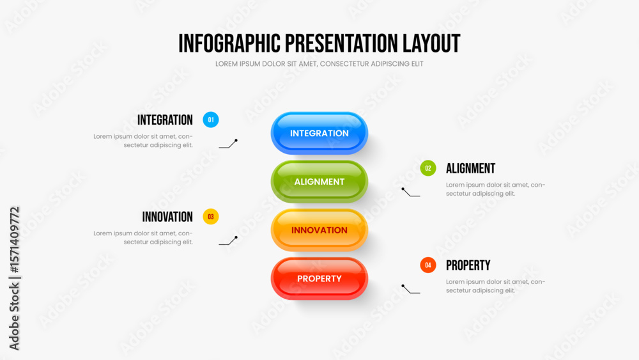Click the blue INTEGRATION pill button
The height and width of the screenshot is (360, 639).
(x=319, y=133)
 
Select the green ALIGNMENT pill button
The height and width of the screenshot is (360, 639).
(x=319, y=182)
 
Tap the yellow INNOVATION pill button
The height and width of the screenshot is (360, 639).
(x=319, y=230)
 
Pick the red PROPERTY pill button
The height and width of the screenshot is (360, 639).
(x=319, y=278)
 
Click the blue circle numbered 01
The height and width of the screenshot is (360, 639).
(x=211, y=120)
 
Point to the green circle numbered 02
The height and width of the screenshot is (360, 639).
(x=428, y=168)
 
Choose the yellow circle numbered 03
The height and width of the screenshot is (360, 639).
(x=211, y=217)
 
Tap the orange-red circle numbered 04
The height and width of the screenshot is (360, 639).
(x=428, y=265)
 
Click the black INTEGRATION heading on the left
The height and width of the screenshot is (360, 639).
(x=165, y=120)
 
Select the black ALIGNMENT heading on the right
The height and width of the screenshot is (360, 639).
(x=470, y=168)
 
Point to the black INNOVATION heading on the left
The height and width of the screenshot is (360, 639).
(x=167, y=217)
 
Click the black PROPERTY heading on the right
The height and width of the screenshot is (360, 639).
(x=468, y=265)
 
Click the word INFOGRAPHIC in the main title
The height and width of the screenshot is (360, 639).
(x=229, y=43)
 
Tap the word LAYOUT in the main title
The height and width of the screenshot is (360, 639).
(x=431, y=43)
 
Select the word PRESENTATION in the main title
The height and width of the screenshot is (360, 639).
(x=341, y=43)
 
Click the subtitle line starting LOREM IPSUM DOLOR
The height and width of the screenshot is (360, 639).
(x=319, y=64)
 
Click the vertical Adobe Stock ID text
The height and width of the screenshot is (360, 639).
(x=14, y=278)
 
